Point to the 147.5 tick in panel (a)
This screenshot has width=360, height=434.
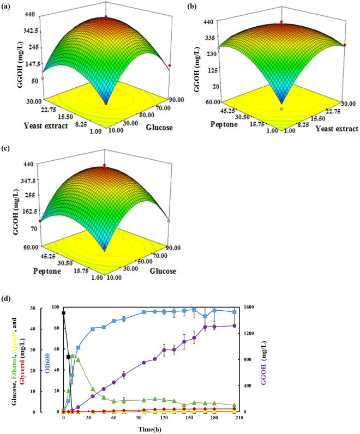pyautogui.click(x=28, y=64)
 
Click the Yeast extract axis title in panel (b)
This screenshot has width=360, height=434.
pyautogui.click(x=333, y=129)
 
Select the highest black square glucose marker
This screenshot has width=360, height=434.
pyautogui.click(x=64, y=313)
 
